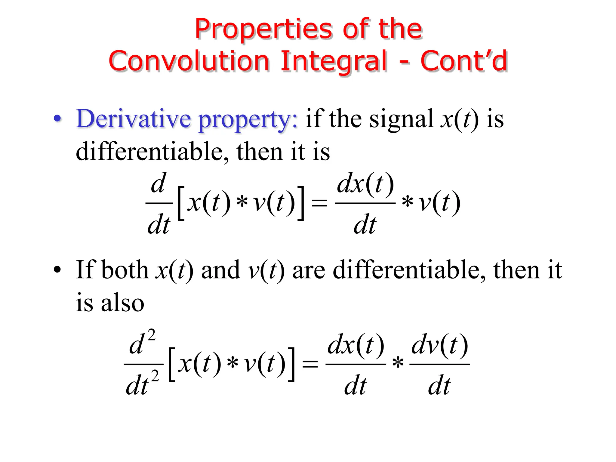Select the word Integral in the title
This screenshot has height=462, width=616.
[x=334, y=62]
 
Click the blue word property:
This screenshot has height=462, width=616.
[x=248, y=120]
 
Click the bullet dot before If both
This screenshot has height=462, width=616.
[x=57, y=269]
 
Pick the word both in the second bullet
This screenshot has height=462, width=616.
[x=125, y=269]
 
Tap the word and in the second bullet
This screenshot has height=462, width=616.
[x=220, y=270]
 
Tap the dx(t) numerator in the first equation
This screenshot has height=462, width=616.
[x=365, y=184]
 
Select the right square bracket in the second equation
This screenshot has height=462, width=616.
[x=291, y=364]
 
